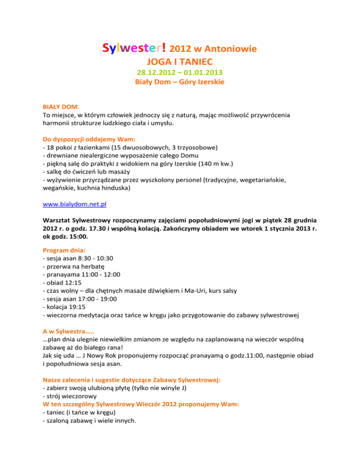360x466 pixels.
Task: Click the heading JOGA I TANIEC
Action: [180, 61]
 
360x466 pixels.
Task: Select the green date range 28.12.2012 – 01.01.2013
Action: [180, 73]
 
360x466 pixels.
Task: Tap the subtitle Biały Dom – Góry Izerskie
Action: [180, 83]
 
